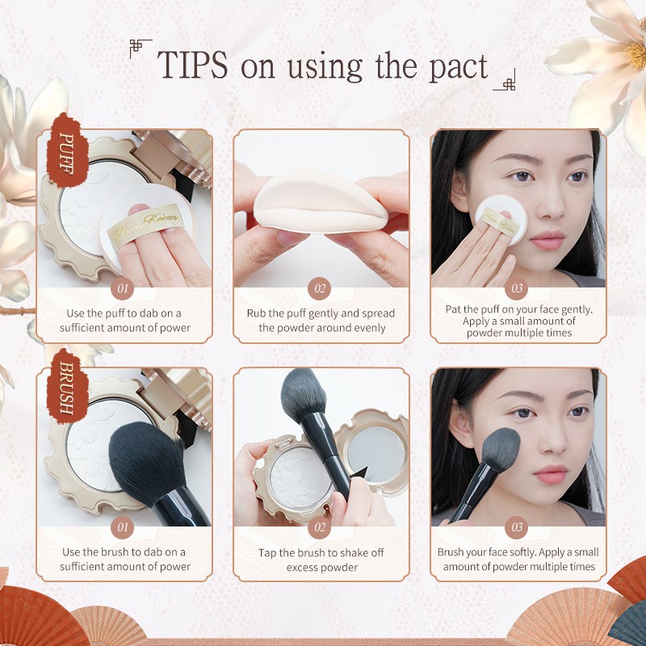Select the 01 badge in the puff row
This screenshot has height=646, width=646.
coord(124,287)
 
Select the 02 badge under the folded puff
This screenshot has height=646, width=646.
coord(321,287)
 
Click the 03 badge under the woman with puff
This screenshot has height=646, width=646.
coord(518,287)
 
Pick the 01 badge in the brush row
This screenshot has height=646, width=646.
coord(124,526)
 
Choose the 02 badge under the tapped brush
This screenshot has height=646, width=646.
coord(321,526)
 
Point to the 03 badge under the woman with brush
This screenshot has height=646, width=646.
coord(518,526)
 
